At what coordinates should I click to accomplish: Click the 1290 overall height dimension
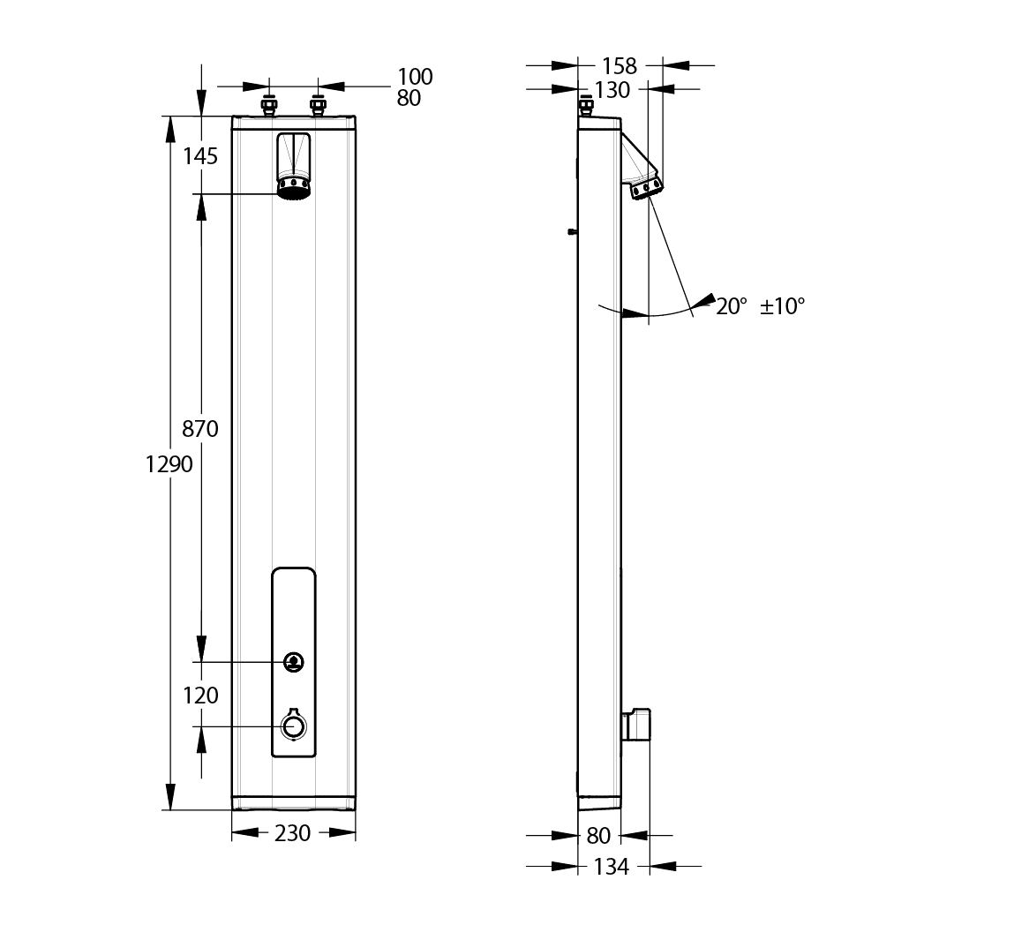pos(169,464)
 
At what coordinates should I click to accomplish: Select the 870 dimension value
pos(199,428)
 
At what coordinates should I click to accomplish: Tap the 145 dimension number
pos(199,156)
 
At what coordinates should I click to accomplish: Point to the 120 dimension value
pos(199,696)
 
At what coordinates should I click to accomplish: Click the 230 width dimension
pos(292,833)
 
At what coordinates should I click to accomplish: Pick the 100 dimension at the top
pos(415,76)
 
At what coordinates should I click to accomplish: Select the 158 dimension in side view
pos(620,66)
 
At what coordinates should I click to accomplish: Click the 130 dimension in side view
pos(612,90)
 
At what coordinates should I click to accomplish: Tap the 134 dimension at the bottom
pos(611,866)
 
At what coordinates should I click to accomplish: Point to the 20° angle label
pos(732,306)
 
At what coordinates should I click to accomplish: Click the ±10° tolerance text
pos(783,306)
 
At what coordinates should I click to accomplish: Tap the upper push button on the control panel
pos(294,661)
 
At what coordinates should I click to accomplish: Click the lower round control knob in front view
pos(294,726)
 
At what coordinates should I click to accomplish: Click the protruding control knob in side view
pos(636,726)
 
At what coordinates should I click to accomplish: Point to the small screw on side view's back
pos(573,231)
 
